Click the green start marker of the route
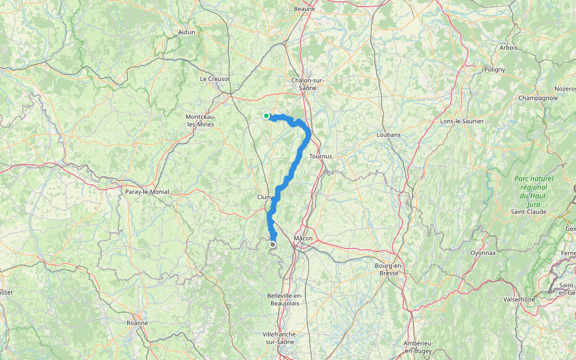pos(266,116)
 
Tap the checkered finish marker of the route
pos(273,244)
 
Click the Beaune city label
pos(305,9)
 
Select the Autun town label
pos(187,32)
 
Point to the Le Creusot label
pos(215,79)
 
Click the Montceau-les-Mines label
pos(201,120)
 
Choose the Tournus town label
pos(320,156)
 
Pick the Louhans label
pos(388,135)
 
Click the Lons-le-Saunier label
pos(462,121)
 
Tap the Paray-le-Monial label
pos(147,192)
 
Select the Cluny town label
pos(265,197)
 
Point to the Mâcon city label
pos(303,238)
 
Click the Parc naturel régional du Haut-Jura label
pos(533,191)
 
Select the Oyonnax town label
pos(483,253)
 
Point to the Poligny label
pos(494,69)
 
